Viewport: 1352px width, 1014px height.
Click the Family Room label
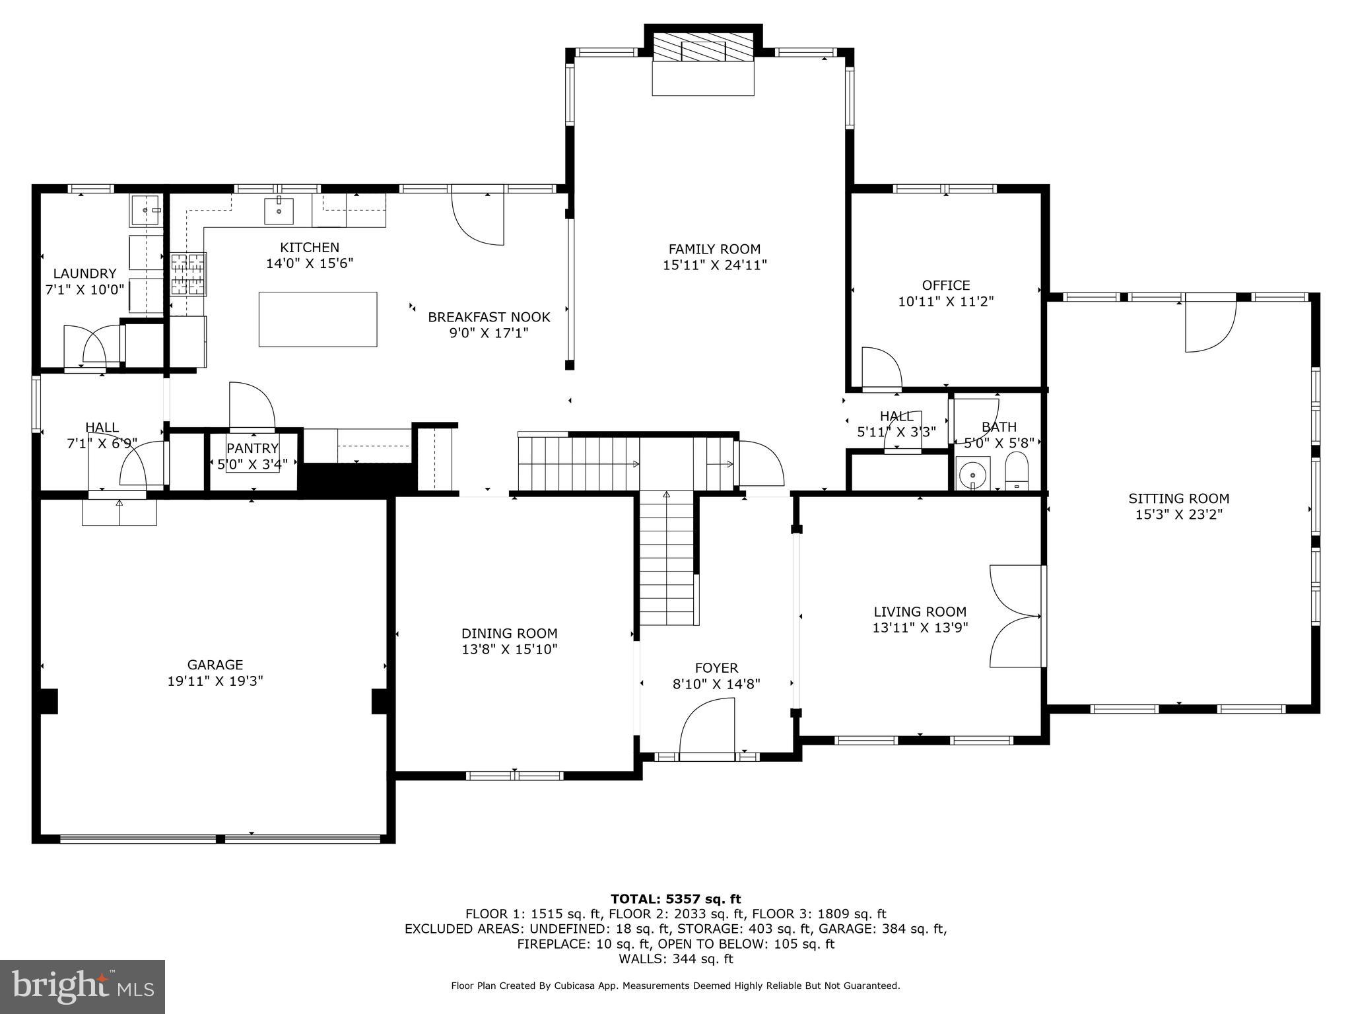pyautogui.click(x=714, y=250)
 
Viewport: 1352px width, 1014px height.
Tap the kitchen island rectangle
pyautogui.click(x=318, y=320)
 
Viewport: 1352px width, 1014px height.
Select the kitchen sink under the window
pyautogui.click(x=279, y=211)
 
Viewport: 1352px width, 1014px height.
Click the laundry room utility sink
pyautogui.click(x=146, y=210)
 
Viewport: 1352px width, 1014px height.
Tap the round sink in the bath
pyautogui.click(x=972, y=473)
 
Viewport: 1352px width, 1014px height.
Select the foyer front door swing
pyautogui.click(x=706, y=726)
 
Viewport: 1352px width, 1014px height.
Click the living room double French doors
pyautogui.click(x=1015, y=617)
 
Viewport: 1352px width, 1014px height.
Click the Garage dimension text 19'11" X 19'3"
pyautogui.click(x=215, y=681)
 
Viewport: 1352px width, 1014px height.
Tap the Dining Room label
pyautogui.click(x=509, y=634)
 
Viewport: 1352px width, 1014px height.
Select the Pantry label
pyautogui.click(x=252, y=449)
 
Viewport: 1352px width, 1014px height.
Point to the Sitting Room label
pyautogui.click(x=1178, y=499)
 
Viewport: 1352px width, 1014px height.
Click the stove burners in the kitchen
pyautogui.click(x=188, y=274)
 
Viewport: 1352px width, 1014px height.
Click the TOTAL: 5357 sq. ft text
pyautogui.click(x=675, y=899)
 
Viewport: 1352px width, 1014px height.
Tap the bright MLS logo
pyautogui.click(x=83, y=986)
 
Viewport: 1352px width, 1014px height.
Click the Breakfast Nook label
pyautogui.click(x=489, y=318)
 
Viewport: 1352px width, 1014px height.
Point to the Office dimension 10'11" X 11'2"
pyautogui.click(x=945, y=302)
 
